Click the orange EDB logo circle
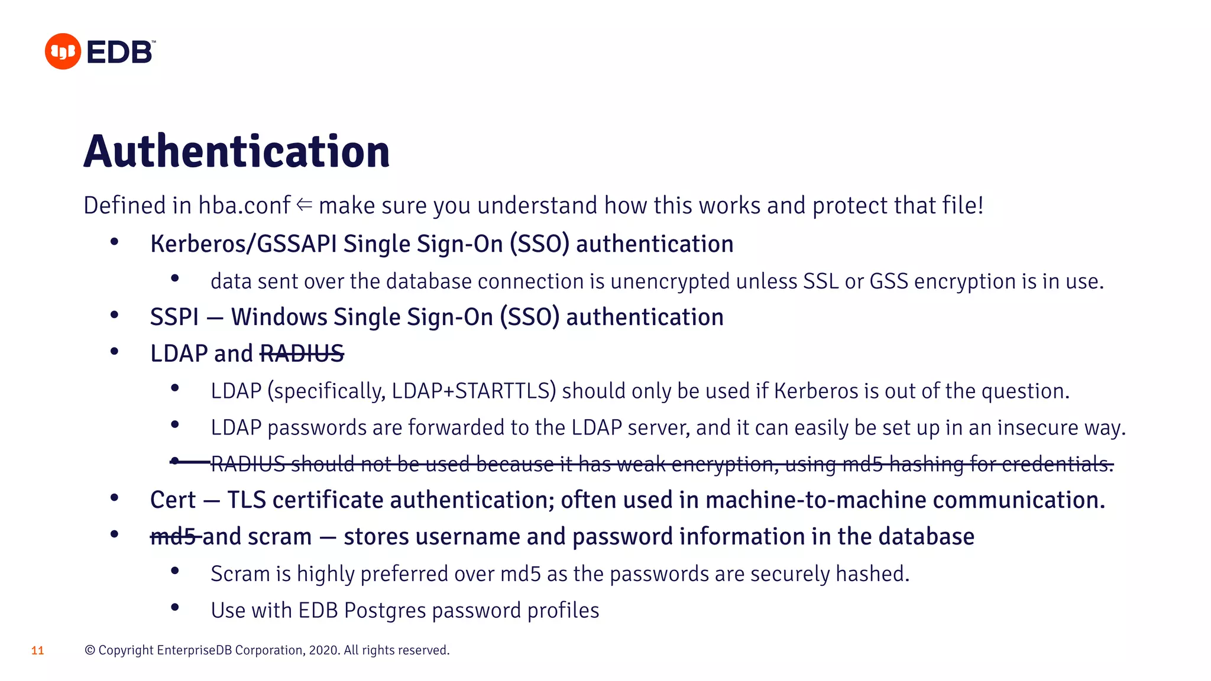pos(63,51)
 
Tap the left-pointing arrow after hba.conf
pos(305,205)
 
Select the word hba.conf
pos(244,206)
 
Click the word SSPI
pos(174,317)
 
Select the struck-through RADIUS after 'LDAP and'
pos(302,354)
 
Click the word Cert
pos(173,500)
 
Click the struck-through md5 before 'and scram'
pos(173,537)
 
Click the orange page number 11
pos(37,651)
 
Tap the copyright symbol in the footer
pos(90,650)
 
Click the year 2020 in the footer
pos(323,650)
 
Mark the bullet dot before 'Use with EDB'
pos(175,607)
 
